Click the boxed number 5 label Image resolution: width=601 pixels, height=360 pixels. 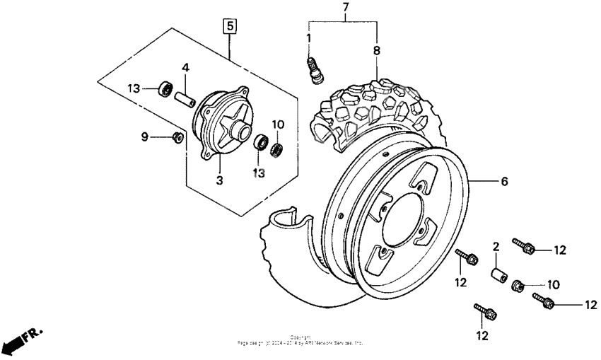(231, 27)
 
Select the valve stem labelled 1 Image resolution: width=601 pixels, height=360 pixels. (313, 70)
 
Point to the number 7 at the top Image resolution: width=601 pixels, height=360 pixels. (346, 8)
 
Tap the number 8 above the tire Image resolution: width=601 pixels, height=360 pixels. (376, 50)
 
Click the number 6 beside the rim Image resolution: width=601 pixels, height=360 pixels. (504, 182)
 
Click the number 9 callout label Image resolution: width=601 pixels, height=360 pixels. (144, 136)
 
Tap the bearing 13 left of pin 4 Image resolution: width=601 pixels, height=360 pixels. (166, 89)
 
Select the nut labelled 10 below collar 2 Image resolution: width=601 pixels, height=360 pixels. (517, 285)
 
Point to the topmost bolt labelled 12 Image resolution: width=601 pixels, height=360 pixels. (524, 246)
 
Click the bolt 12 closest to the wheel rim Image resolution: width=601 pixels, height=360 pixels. (467, 257)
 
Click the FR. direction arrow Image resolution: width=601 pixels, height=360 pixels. (22, 341)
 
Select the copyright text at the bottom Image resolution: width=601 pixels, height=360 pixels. (300, 340)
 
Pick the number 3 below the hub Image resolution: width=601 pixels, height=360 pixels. (220, 181)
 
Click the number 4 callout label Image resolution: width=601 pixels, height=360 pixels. (185, 68)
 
